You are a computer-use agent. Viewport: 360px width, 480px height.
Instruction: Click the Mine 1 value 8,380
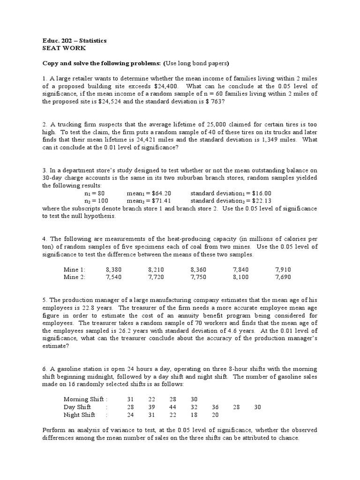click(x=114, y=270)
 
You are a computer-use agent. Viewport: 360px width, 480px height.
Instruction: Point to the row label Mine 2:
click(x=75, y=277)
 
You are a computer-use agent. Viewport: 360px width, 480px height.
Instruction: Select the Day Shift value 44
click(x=173, y=407)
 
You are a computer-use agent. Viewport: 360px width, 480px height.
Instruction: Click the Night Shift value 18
click(x=194, y=415)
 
